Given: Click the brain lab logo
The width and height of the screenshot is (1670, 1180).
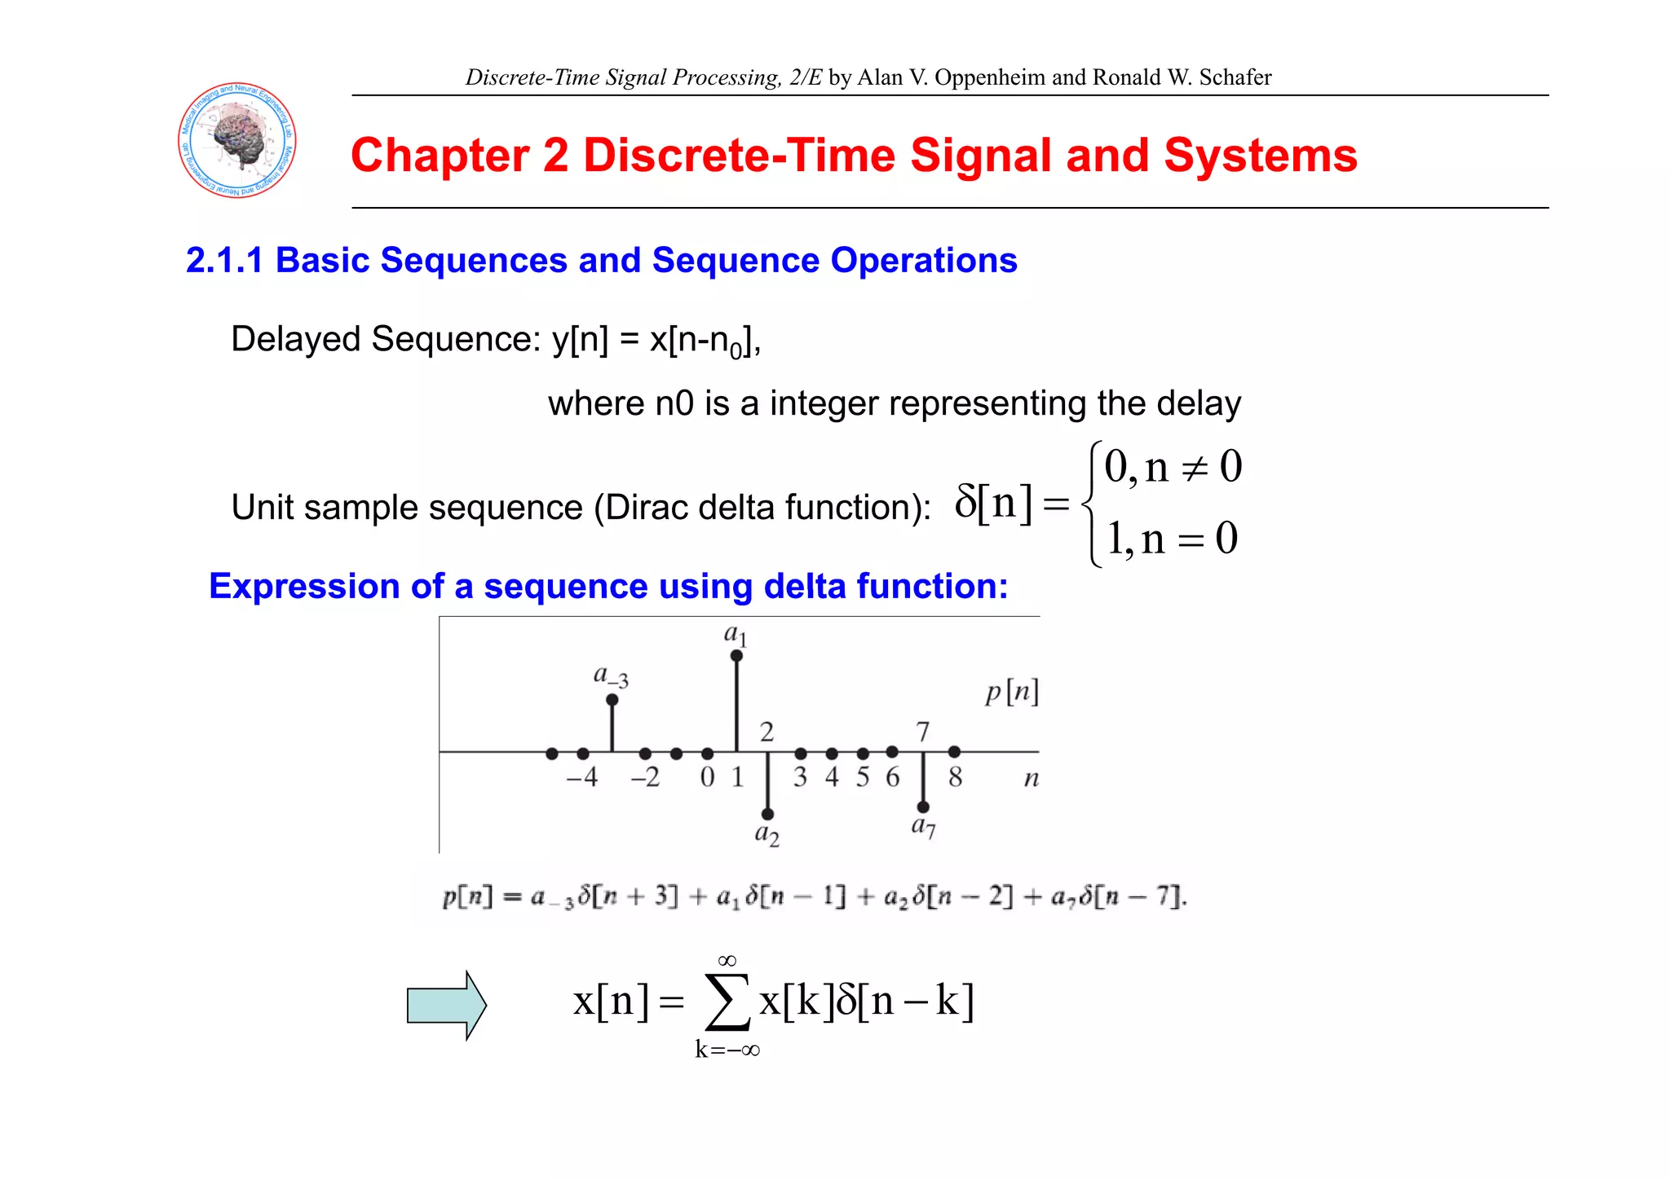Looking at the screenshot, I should point(237,140).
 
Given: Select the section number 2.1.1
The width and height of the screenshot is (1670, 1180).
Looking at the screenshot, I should point(224,261).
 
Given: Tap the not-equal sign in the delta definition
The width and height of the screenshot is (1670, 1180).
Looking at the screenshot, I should point(1195,469).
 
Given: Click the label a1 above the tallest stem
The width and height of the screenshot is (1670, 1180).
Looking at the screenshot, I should point(736,634).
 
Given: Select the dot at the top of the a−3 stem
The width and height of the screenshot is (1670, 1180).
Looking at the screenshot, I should point(612,700).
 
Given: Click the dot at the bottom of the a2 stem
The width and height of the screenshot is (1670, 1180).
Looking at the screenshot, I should point(767,814).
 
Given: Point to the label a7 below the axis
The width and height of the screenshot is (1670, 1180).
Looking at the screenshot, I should point(923,826).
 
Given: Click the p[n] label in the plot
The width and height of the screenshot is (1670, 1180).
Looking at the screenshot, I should point(1011,693).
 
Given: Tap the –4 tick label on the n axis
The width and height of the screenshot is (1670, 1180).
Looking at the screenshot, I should point(582,777).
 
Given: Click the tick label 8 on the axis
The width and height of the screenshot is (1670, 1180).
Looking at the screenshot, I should point(955,777).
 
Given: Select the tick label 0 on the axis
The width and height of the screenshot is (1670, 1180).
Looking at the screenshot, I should point(707,777).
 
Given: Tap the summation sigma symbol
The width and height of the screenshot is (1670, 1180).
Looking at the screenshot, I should point(727,1002).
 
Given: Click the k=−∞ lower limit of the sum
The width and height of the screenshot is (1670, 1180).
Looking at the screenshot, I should point(727,1050).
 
